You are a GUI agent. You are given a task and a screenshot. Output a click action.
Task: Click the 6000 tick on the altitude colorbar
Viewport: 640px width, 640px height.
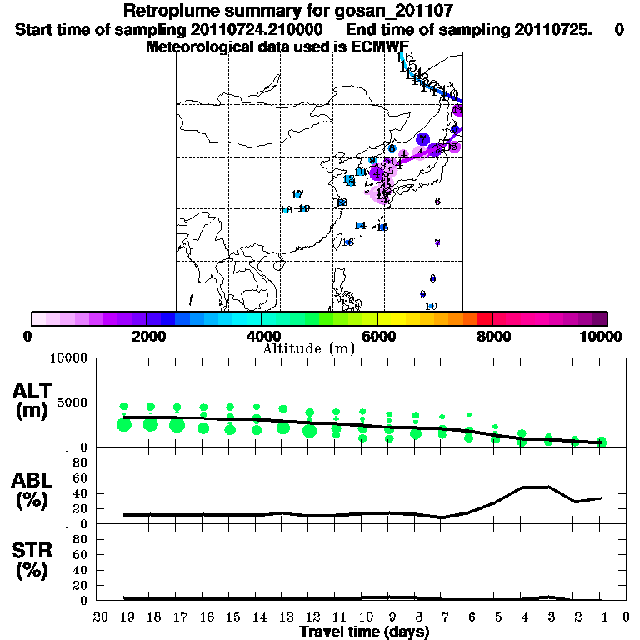[x=377, y=336]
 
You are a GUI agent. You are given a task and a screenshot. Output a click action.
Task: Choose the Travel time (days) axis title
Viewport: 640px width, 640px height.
[x=364, y=632]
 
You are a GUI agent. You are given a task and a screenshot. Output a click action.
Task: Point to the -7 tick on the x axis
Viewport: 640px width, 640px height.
[x=442, y=617]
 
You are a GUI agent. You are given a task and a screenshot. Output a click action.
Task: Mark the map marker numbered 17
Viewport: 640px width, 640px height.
[x=297, y=194]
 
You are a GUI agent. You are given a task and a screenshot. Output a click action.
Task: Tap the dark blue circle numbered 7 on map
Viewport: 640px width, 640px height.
[x=422, y=139]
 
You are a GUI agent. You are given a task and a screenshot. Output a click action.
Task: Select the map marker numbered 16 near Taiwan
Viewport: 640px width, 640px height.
[x=348, y=242]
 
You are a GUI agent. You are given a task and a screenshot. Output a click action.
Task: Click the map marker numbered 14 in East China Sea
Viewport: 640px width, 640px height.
[x=360, y=226]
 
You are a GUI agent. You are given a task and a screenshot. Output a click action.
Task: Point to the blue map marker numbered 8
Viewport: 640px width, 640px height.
[x=391, y=148]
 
